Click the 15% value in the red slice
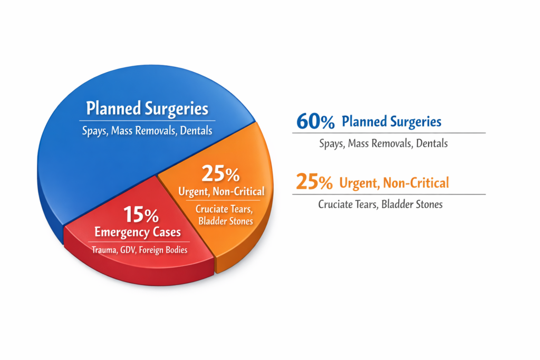coord(141,216)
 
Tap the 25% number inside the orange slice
coord(220,174)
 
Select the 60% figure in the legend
coord(315,122)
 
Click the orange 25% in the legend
coord(314,182)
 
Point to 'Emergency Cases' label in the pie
coord(137,232)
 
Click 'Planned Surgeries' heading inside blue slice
coord(147,109)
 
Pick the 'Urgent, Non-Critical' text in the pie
coord(221,191)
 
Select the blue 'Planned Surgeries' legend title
coord(391,122)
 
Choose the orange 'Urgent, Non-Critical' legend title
coord(394,183)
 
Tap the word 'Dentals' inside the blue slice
coord(196,130)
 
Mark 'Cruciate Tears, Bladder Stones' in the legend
coord(380,204)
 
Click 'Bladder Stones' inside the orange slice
coord(225,221)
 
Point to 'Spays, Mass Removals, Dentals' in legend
coord(383,143)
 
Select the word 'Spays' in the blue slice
coord(94,130)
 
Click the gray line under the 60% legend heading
coord(389,133)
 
